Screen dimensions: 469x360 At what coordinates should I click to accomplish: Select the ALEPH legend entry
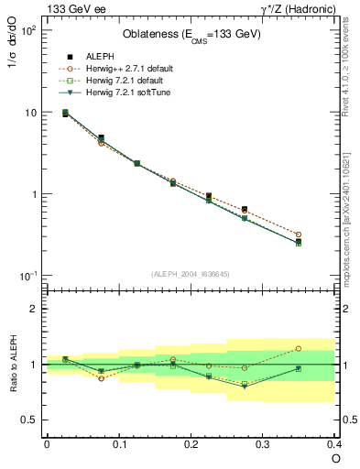(100, 56)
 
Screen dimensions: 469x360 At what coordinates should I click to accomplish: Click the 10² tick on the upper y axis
(27, 30)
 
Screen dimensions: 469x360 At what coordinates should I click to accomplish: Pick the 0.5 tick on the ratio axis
(29, 420)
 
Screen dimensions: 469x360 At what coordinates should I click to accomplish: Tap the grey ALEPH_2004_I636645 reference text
(191, 274)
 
